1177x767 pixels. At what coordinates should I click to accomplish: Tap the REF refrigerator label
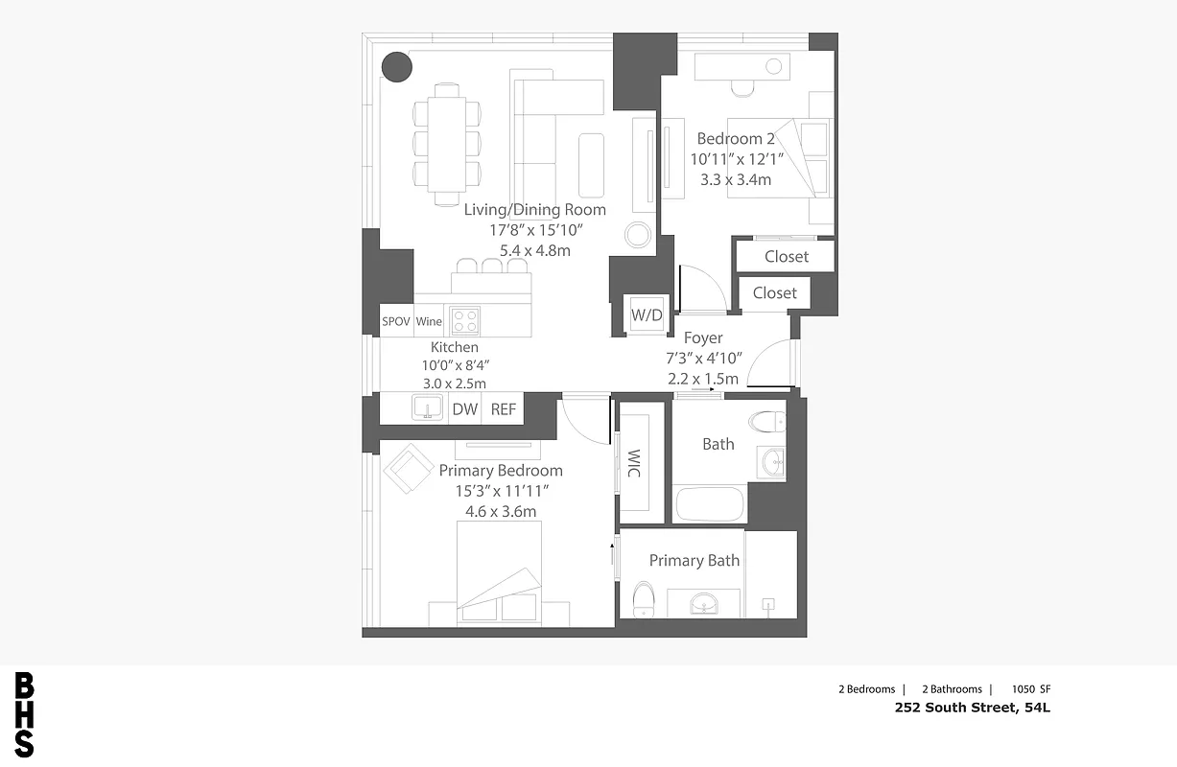tap(504, 409)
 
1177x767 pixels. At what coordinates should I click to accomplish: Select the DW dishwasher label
tap(465, 409)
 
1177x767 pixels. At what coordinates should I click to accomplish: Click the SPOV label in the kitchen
tap(396, 321)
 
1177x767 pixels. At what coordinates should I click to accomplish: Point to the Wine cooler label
tap(429, 321)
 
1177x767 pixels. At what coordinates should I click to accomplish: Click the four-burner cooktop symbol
tap(465, 318)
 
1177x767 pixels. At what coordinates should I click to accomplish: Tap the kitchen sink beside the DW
tap(427, 408)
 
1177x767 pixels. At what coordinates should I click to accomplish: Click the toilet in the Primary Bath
tap(643, 599)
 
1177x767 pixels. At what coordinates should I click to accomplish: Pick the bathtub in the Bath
tap(710, 504)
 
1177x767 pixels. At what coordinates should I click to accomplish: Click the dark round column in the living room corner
tap(396, 66)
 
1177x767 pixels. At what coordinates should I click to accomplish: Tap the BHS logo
tap(24, 714)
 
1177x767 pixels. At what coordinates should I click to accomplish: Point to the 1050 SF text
tap(1031, 689)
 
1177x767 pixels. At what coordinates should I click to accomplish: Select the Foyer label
tap(703, 337)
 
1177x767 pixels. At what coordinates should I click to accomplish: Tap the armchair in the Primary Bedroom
tap(408, 469)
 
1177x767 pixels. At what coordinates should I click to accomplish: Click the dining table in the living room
tap(447, 144)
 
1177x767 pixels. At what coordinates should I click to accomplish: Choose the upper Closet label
tap(787, 257)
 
